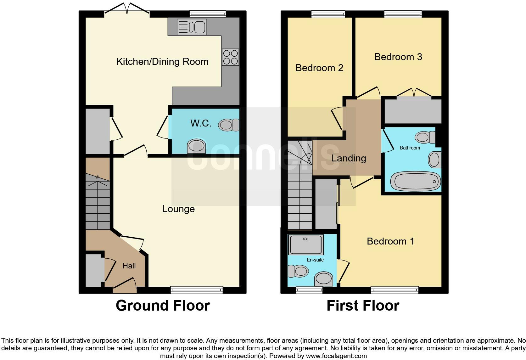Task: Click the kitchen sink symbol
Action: (192, 27)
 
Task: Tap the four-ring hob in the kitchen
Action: (230, 57)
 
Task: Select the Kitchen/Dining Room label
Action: (162, 62)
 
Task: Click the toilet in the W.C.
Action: (229, 125)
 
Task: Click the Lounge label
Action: (178, 209)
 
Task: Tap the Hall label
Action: (129, 266)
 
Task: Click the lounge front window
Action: (197, 290)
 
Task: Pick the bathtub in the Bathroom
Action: (415, 181)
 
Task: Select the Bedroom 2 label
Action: (319, 68)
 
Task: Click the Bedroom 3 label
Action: (398, 57)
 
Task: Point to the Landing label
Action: (349, 158)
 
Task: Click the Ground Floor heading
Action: (163, 306)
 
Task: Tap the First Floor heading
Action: (363, 306)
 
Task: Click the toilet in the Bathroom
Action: (425, 137)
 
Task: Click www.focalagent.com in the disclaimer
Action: (336, 356)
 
